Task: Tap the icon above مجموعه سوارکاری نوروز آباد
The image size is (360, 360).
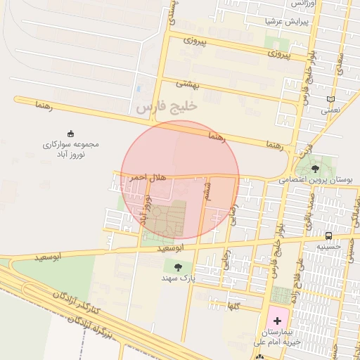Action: [x=70, y=134]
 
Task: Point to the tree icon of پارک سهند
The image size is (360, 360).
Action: [x=177, y=267]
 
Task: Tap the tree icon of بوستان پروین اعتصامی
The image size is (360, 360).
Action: [x=314, y=169]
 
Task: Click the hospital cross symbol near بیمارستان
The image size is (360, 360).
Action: [x=277, y=321]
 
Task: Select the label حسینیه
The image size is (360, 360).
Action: [x=328, y=247]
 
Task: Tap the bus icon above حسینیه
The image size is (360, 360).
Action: [x=328, y=236]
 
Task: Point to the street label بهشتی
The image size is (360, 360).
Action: [x=188, y=84]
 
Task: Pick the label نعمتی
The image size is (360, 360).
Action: [x=330, y=110]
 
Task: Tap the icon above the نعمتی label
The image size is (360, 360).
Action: [x=331, y=99]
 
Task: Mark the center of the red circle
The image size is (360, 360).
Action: [x=180, y=180]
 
